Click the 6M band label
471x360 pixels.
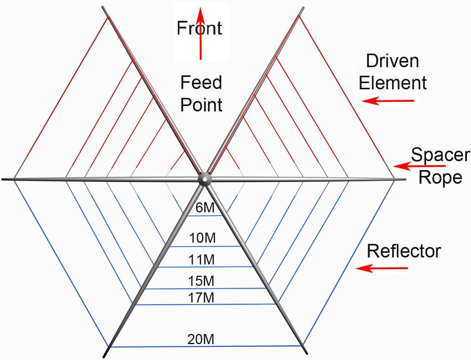coord(205,207)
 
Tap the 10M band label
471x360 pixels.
coord(202,238)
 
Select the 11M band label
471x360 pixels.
coord(201,260)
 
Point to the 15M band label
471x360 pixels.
coord(201,281)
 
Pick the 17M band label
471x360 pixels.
coord(201,298)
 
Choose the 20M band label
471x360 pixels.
coord(201,339)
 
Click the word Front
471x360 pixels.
coord(199,28)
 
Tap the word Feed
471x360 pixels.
coord(201,82)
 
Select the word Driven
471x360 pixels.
coord(392,61)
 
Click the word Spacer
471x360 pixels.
coord(440,155)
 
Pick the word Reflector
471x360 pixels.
coord(404,251)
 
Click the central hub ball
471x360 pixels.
coord(205,179)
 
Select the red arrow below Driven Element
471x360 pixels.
coord(388,101)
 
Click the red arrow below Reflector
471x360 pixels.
coord(382,268)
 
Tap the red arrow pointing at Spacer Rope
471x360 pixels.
coord(419,166)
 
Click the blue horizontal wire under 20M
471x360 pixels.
coord(206,346)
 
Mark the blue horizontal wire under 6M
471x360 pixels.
coord(205,216)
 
